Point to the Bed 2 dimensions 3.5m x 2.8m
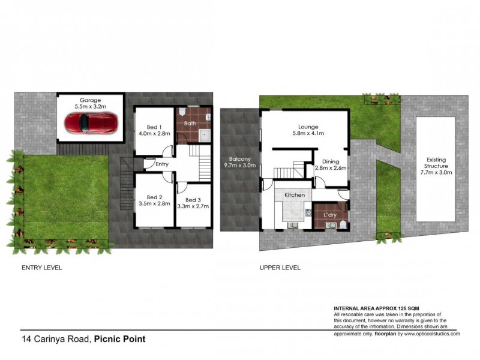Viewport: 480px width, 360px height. [x=154, y=204]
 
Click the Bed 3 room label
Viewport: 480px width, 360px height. [x=193, y=200]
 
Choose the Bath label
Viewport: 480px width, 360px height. [x=190, y=124]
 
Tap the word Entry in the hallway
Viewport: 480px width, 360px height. [x=162, y=164]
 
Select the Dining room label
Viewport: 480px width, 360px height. [x=331, y=161]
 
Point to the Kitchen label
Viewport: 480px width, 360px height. [x=295, y=196]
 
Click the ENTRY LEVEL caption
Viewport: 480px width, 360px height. [x=42, y=268]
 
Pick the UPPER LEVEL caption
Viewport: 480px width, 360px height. [x=280, y=268]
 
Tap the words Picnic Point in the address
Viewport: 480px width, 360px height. [x=120, y=339]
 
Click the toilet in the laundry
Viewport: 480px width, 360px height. [x=341, y=224]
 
